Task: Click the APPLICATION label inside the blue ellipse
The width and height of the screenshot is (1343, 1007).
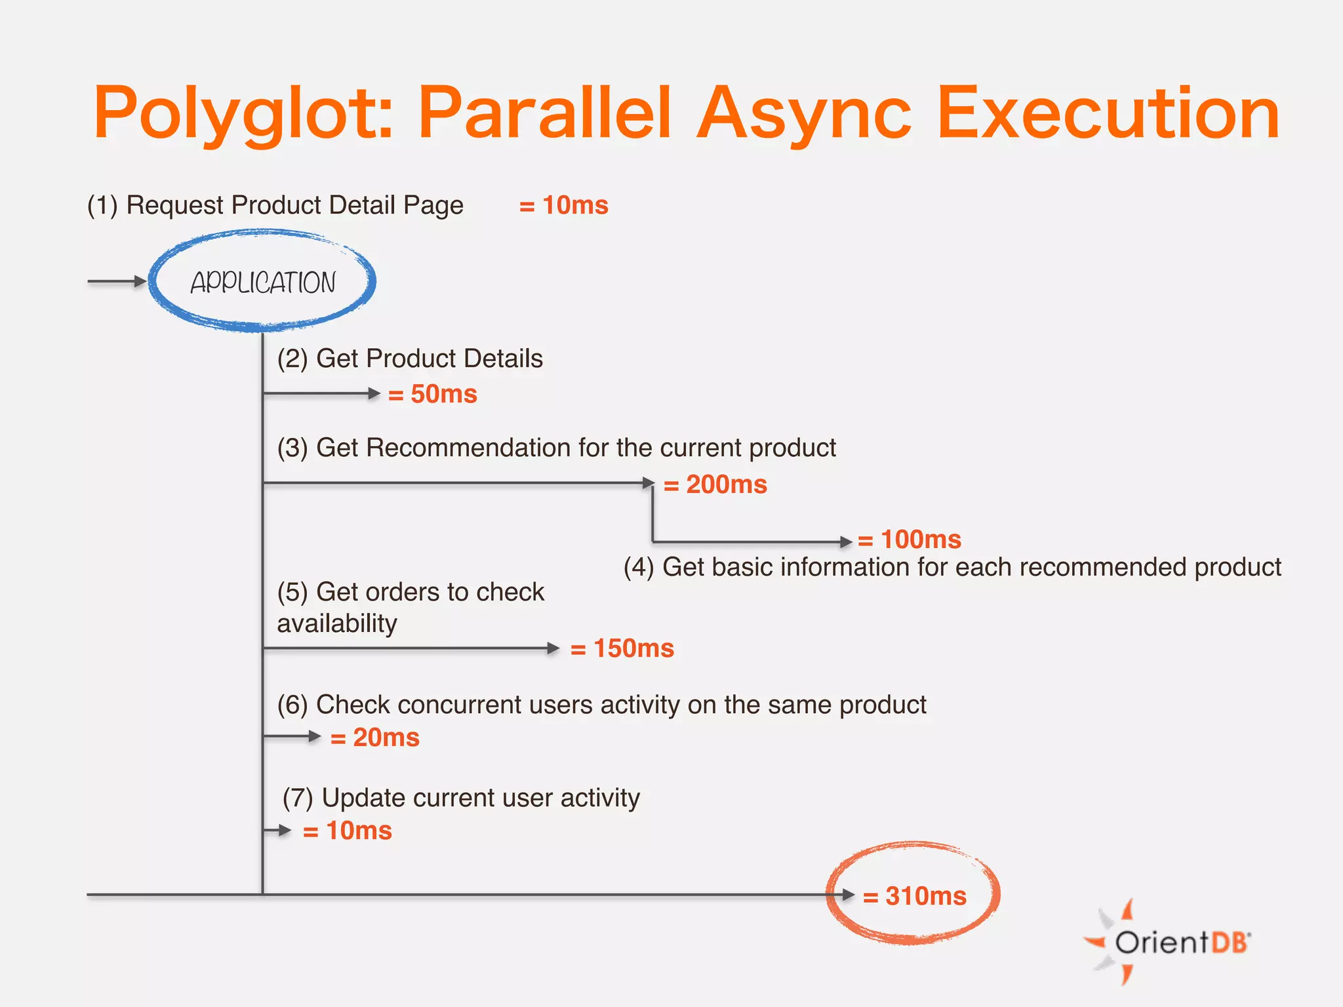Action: [263, 283]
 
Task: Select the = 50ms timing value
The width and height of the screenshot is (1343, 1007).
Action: [433, 394]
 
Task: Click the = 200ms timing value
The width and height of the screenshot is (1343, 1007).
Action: [715, 484]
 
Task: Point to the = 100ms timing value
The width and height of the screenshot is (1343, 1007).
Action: [910, 540]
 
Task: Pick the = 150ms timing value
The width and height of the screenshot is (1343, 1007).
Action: [622, 648]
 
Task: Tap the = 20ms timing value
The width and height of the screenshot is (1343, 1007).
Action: [375, 738]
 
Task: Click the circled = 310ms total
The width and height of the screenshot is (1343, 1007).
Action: [914, 896]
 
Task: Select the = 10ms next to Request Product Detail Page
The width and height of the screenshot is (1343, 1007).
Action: [564, 205]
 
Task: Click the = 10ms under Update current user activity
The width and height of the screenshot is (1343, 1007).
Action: [348, 831]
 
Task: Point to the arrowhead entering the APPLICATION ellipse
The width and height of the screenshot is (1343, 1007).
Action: [140, 281]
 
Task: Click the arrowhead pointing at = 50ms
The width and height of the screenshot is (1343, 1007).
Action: [374, 393]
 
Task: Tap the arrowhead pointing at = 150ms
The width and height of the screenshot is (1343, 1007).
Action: [553, 648]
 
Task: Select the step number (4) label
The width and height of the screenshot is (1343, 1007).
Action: [639, 567]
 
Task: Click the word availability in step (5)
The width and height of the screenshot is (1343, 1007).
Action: [337, 623]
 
